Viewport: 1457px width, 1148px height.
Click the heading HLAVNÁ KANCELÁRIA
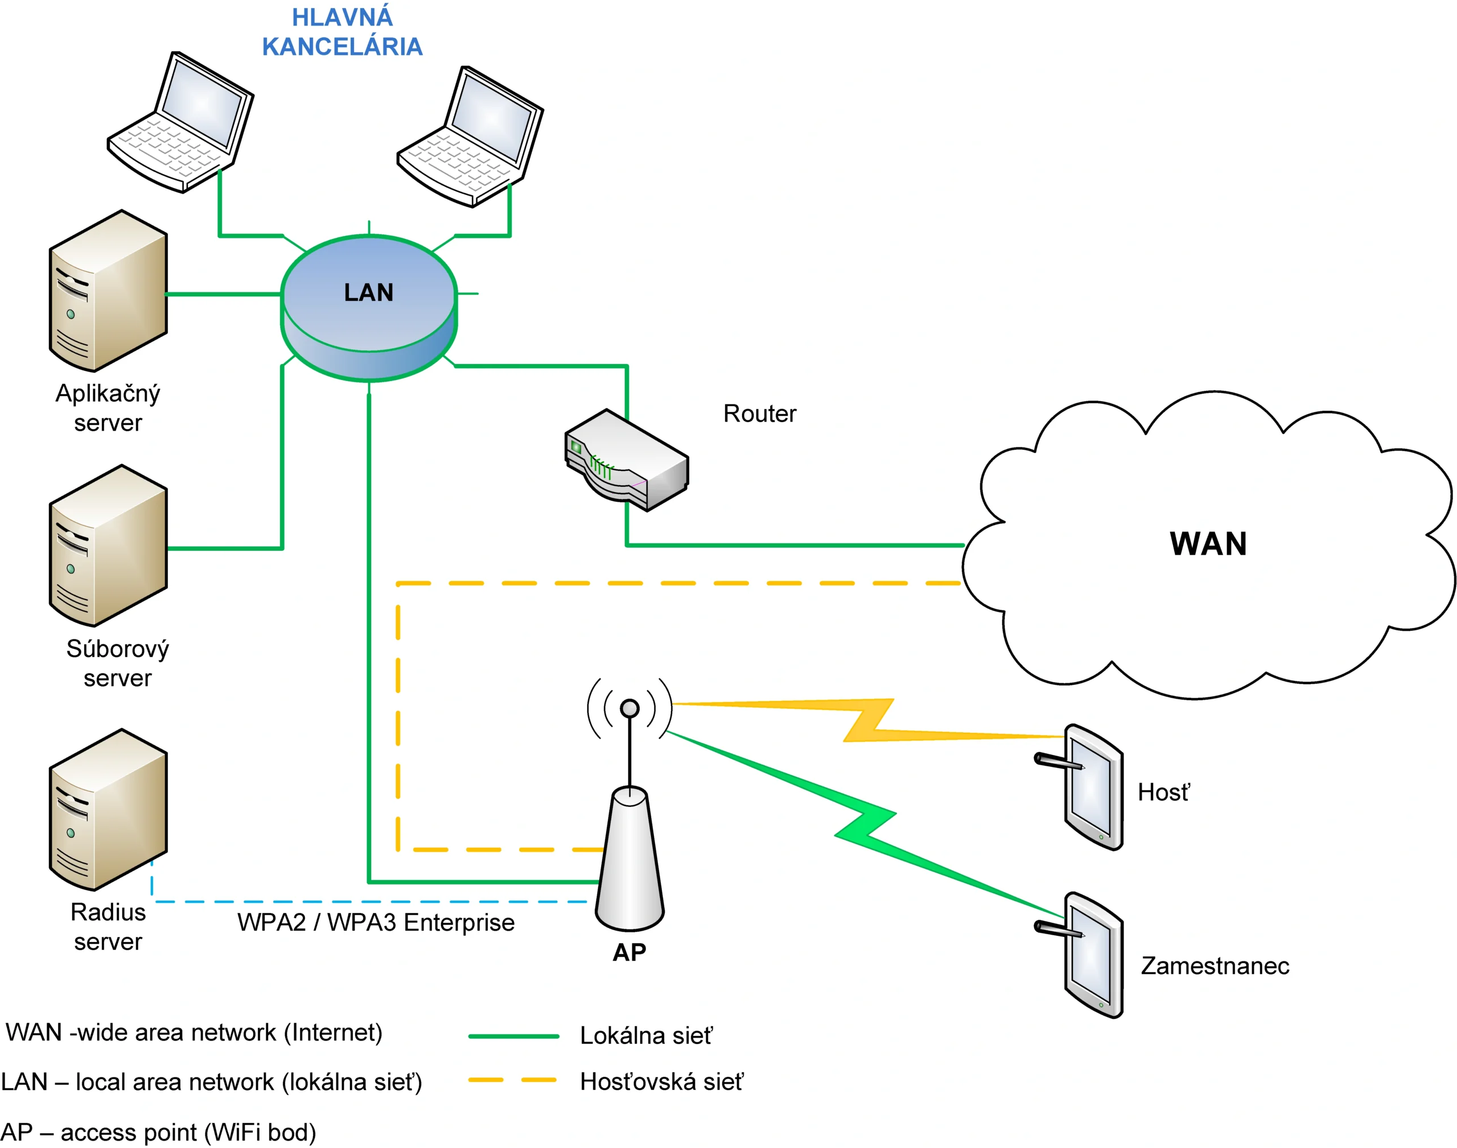(x=341, y=32)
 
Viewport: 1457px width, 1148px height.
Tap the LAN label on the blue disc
(x=368, y=292)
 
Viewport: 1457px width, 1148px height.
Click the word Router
(x=759, y=414)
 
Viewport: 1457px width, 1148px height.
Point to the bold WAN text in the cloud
(x=1208, y=544)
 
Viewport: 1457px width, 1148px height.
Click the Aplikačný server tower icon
(x=108, y=291)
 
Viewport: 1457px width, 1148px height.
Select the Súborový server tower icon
(x=108, y=546)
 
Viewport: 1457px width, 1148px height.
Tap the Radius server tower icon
(x=108, y=810)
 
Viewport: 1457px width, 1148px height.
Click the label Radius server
(x=108, y=927)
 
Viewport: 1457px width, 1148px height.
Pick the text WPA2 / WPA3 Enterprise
(x=376, y=922)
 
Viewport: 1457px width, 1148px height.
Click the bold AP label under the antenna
(x=629, y=952)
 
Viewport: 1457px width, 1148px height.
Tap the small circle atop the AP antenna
(x=629, y=708)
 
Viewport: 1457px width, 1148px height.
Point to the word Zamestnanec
(x=1215, y=966)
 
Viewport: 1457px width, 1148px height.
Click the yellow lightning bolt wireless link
(x=867, y=721)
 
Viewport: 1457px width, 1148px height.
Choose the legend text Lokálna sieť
(x=645, y=1036)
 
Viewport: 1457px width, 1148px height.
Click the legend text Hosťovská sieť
(x=661, y=1081)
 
